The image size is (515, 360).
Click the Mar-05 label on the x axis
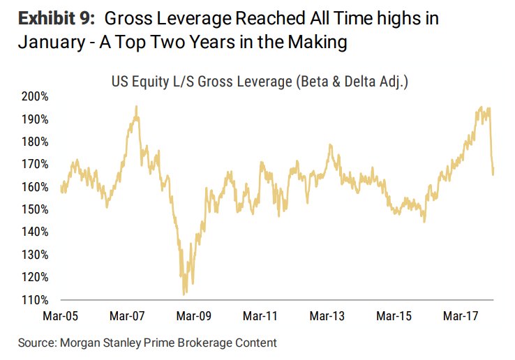pyautogui.click(x=61, y=317)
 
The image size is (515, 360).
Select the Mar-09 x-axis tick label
pyautogui.click(x=194, y=317)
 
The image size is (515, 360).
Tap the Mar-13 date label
pyautogui.click(x=327, y=317)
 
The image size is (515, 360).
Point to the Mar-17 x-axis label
pyautogui.click(x=461, y=317)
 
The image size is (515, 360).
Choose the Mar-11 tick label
pyautogui.click(x=260, y=317)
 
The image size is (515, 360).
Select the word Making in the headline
pyautogui.click(x=320, y=43)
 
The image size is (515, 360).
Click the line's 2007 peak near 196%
pyautogui.click(x=136, y=106)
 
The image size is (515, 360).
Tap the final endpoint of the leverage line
pyautogui.click(x=493, y=174)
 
